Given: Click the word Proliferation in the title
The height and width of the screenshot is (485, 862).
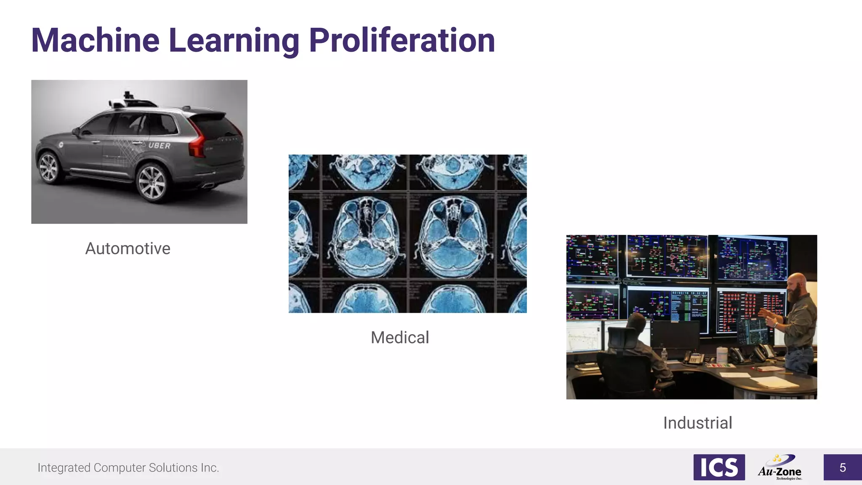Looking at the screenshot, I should pos(402,40).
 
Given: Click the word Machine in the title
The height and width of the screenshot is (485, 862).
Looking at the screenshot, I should pos(96,40).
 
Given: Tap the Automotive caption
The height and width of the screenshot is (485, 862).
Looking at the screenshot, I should pos(128,248).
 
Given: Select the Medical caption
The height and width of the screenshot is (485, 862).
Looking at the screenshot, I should pos(399,337).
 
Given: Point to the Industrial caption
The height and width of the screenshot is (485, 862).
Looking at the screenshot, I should pos(697,423).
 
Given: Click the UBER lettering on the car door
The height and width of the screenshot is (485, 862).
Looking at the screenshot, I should pos(159,146).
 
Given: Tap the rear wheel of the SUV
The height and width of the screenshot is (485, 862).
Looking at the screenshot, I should pos(152,183).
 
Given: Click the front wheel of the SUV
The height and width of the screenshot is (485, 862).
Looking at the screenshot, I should pos(49,167).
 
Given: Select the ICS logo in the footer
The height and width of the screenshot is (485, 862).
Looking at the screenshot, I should pos(719,467).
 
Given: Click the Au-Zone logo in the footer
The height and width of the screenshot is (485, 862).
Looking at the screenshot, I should pos(780,467).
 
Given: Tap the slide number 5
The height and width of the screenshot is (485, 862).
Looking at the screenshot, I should pos(842,467).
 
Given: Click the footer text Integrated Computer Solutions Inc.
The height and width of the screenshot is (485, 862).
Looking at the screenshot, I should pos(128,468).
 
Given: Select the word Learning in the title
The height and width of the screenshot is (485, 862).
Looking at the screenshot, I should pos(234,40).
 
